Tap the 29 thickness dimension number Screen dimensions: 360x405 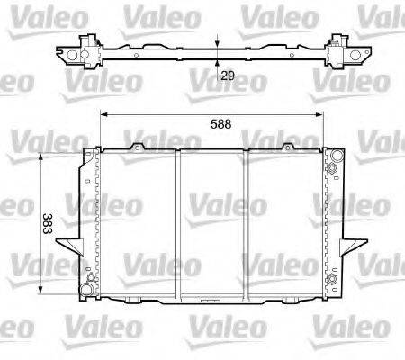[229, 77]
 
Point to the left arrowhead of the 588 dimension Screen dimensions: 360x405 [103, 115]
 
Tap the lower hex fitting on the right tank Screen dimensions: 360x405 [334, 280]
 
